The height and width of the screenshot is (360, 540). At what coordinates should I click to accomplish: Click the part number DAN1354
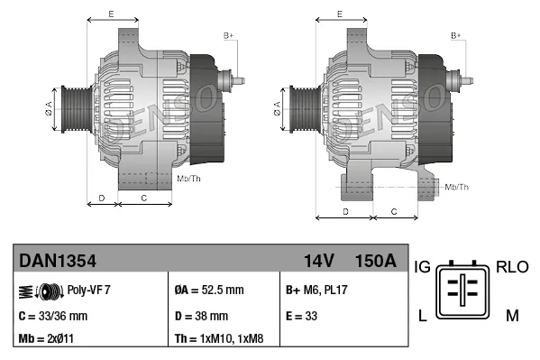coord(58,261)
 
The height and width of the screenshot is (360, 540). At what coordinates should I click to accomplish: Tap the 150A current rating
coord(376,261)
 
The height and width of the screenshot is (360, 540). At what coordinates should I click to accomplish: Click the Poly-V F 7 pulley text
coord(89,291)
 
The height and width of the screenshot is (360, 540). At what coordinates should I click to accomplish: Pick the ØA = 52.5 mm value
coord(208,291)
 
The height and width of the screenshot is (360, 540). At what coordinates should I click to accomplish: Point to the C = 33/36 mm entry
coord(53,316)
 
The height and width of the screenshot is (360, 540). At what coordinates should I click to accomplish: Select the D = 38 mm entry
coord(201,316)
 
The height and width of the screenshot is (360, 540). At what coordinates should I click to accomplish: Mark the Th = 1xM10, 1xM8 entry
coord(220,340)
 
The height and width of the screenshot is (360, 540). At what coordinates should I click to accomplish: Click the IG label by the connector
coord(422,267)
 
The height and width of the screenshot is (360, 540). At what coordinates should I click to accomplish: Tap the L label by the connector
coord(423,315)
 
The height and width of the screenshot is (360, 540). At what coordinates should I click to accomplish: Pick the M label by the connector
coord(511,315)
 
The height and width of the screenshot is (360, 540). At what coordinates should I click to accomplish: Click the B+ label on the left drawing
coord(228,35)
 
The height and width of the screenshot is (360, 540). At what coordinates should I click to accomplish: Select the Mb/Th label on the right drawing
coord(456,187)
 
